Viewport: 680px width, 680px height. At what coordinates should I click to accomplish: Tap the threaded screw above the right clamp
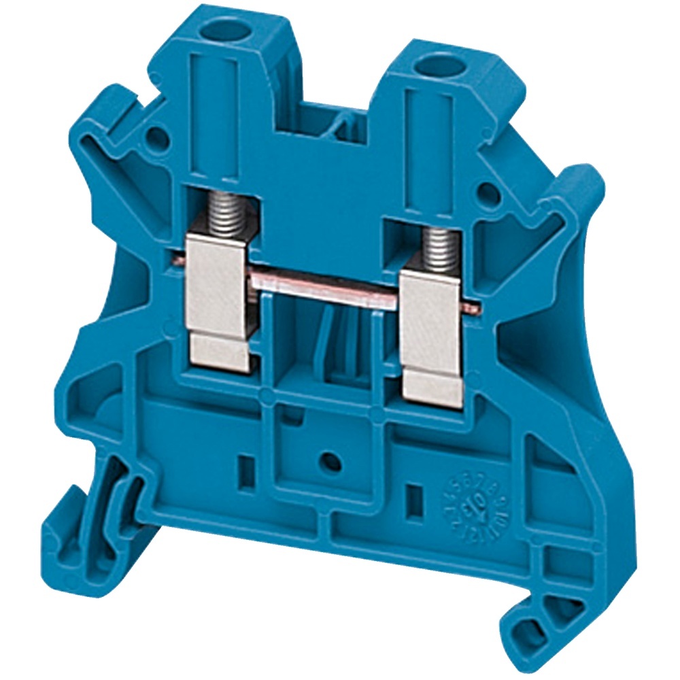pos(438,246)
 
